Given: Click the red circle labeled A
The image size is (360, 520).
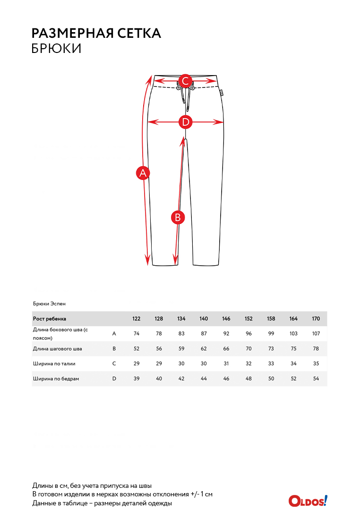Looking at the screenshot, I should coord(143,173).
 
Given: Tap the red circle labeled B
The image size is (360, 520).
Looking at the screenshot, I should coord(178,217).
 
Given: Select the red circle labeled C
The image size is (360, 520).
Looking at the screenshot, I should coord(186,81).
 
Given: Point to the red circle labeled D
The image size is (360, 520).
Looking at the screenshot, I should coord(186,122).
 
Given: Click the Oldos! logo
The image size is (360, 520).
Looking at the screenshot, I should coord(308,501).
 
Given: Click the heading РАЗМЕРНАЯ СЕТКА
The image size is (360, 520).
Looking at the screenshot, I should coord(96,33).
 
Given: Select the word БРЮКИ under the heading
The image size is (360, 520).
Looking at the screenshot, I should coord(56,48).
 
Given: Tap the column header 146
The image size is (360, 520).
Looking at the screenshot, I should coord(226,319).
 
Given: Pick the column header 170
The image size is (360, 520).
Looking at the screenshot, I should coord(316,319).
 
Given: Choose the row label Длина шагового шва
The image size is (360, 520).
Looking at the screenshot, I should coord(57,349).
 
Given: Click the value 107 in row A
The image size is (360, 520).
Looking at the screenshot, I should coord(316,334).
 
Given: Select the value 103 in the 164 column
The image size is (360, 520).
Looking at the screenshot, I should coord(293,334).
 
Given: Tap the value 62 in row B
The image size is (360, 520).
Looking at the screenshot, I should coord(204,349).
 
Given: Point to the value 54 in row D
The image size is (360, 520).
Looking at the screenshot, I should coord(316,379).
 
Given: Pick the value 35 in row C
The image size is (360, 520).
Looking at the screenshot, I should coord(316,364).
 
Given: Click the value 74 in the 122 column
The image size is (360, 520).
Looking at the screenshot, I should coord(137,334).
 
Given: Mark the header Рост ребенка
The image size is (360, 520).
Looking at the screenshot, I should coord(50,319).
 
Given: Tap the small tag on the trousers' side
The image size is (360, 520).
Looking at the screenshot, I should coord(222,93).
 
